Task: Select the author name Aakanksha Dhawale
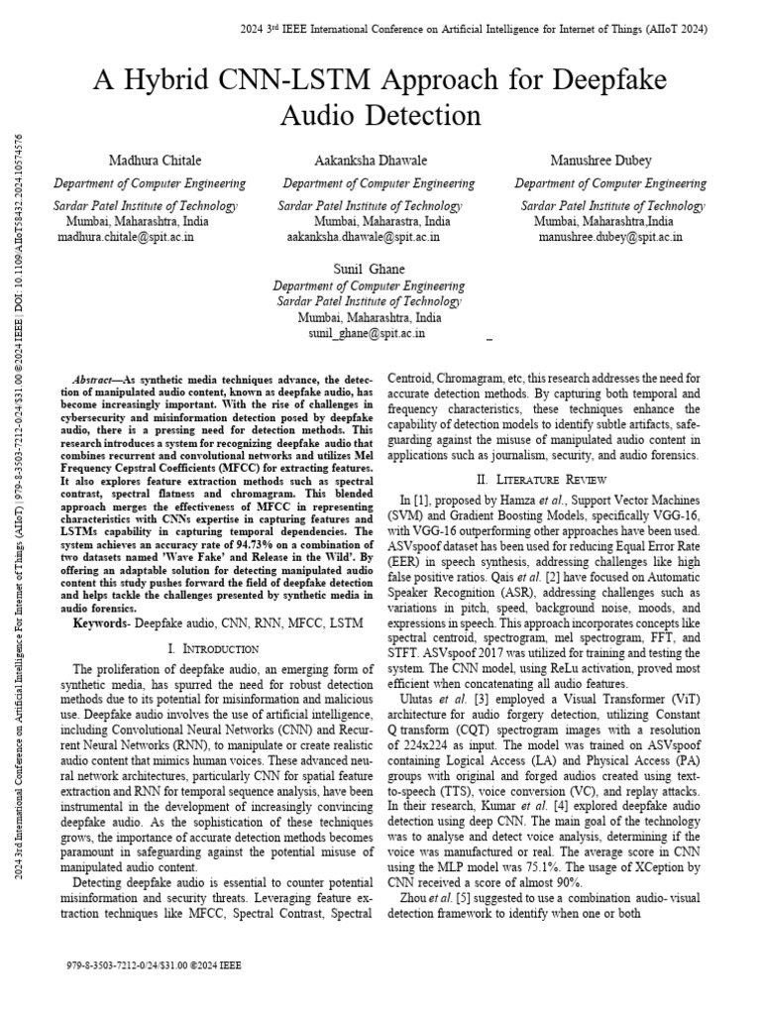(379, 161)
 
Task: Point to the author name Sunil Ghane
(371, 270)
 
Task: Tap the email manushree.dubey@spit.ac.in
(610, 238)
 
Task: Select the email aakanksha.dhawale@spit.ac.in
(363, 238)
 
